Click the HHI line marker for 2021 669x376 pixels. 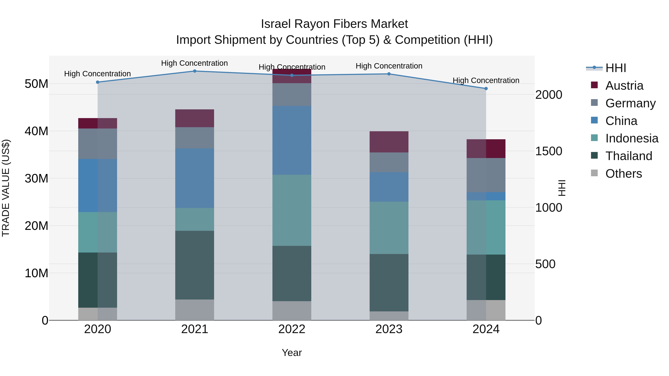195,71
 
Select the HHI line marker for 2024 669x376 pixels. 486,89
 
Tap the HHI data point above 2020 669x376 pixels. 98,82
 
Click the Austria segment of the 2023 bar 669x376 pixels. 389,142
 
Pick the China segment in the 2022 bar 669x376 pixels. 292,140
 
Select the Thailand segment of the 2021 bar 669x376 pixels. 195,265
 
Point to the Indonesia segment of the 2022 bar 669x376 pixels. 292,210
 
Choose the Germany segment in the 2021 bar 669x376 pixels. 195,138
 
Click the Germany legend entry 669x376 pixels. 630,103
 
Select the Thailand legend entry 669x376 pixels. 628,156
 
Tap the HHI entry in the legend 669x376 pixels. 615,68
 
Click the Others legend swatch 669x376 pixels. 594,173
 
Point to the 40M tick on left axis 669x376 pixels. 36,131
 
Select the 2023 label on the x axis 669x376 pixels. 389,329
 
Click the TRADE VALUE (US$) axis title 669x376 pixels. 6,188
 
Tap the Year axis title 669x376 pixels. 292,353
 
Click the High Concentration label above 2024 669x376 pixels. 486,80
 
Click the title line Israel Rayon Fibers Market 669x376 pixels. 334,24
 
